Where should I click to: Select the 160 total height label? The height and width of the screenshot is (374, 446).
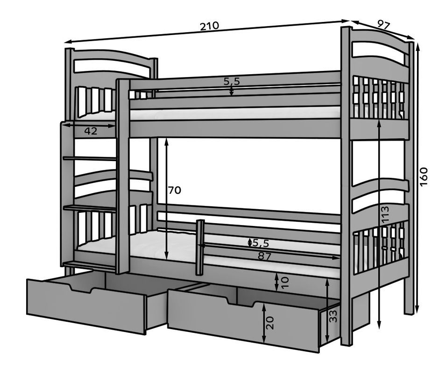tap(424, 176)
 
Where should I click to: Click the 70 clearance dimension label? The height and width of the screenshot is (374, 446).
tap(175, 190)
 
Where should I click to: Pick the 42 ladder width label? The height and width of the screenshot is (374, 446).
tap(91, 132)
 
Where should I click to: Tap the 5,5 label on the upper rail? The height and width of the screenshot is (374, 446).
tap(232, 81)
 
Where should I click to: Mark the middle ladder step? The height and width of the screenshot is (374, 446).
tap(89, 208)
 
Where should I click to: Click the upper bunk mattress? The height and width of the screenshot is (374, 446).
tap(234, 113)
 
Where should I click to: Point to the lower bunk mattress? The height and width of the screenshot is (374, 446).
tap(154, 243)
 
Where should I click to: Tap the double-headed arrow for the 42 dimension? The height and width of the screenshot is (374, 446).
tap(89, 125)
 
